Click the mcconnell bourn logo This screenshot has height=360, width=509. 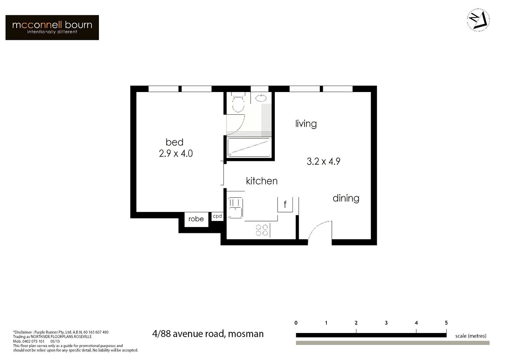click(52, 27)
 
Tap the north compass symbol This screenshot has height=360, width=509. click(478, 20)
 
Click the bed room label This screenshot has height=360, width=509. click(175, 142)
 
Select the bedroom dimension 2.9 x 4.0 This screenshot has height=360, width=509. click(176, 153)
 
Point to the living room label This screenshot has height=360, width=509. click(306, 124)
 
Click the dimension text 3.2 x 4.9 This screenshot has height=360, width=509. click(323, 162)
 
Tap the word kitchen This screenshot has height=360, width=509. click(261, 181)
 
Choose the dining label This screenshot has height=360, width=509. click(346, 198)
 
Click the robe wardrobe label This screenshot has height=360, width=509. click(196, 219)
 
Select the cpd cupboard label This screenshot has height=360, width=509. click(217, 216)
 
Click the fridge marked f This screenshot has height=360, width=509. click(285, 204)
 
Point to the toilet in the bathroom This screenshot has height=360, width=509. click(238, 104)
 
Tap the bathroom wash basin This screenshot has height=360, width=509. click(261, 98)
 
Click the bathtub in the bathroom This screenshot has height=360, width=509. click(249, 147)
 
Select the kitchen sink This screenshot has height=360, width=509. click(235, 208)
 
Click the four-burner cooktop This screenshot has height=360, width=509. click(262, 230)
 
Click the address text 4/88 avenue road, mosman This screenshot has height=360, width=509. click(208, 334)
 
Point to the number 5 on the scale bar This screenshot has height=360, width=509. click(446, 323)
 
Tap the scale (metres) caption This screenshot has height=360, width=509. click(471, 336)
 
